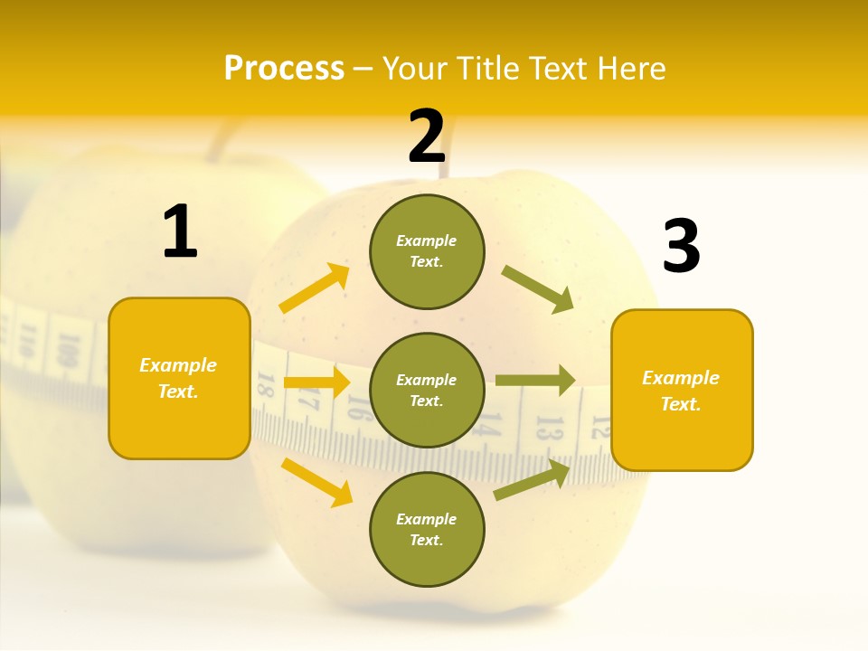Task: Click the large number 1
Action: click(x=180, y=232)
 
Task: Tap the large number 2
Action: click(x=427, y=137)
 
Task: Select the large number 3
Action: click(x=681, y=246)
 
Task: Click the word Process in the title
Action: click(x=284, y=68)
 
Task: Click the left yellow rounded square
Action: click(x=179, y=378)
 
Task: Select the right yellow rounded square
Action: click(x=682, y=390)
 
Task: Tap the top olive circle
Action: click(x=427, y=251)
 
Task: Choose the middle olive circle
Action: click(x=427, y=390)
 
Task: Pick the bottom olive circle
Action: click(x=427, y=529)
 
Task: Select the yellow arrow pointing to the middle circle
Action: click(x=316, y=382)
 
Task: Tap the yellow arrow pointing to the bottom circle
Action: click(x=317, y=482)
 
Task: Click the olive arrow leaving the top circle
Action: click(x=538, y=289)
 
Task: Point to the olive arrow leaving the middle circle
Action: click(x=535, y=381)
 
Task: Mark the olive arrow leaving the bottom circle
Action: click(x=532, y=479)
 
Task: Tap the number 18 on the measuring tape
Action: click(x=265, y=384)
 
